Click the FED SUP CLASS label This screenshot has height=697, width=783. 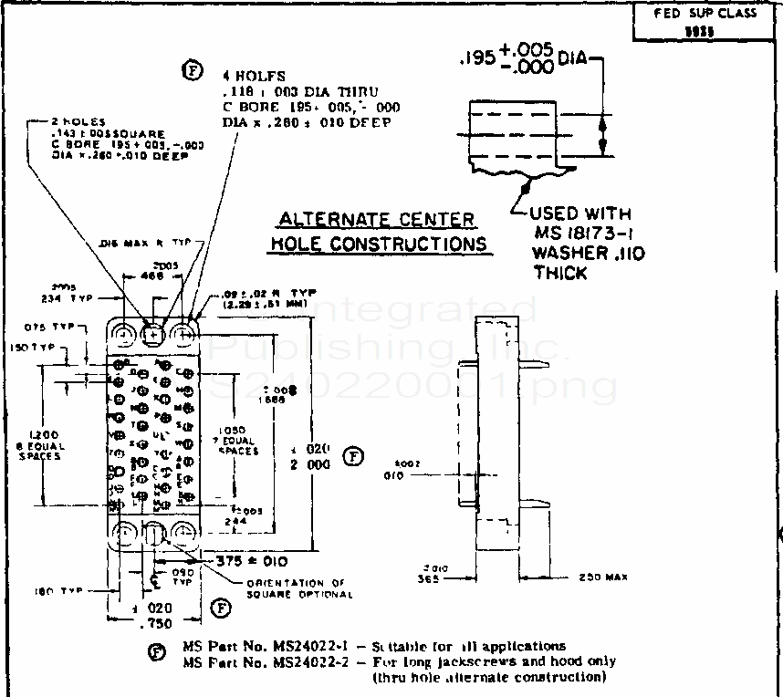point(705,13)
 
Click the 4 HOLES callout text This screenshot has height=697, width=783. point(255,76)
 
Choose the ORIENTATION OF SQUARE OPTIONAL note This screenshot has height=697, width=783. point(299,588)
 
